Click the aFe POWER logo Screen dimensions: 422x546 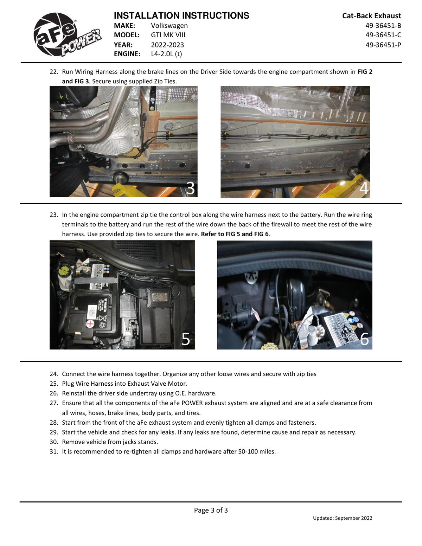coord(68,35)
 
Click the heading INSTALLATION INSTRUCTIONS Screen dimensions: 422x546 coord(181,15)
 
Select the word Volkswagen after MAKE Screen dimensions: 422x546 coord(169,26)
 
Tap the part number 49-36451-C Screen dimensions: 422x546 coord(383,35)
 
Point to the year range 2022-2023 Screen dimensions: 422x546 coord(167,45)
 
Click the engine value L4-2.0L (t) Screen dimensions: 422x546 coord(166,54)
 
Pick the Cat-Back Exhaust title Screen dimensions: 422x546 coord(371,16)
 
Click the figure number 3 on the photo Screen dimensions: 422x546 coord(191,188)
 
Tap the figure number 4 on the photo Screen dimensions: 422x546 coord(364,188)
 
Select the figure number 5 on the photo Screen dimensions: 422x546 coord(186,339)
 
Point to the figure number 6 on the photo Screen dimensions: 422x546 coord(364,339)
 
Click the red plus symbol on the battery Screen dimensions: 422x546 coord(90,324)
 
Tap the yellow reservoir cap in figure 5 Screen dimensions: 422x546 coord(62,271)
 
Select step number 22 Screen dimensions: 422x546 coord(54,72)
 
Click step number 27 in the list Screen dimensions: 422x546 coord(54,403)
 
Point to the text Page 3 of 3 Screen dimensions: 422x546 coord(211,510)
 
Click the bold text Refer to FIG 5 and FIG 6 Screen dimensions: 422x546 coord(235,234)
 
